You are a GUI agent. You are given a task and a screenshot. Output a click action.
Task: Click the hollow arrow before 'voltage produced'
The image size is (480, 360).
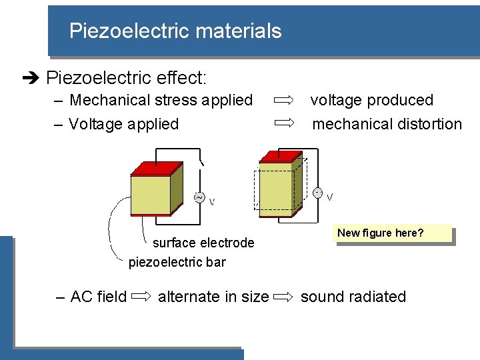[284, 100]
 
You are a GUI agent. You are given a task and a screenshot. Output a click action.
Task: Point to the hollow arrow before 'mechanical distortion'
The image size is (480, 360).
[284, 123]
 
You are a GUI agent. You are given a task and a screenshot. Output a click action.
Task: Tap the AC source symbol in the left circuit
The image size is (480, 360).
[199, 197]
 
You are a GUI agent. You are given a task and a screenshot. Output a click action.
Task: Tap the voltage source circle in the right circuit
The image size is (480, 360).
[318, 193]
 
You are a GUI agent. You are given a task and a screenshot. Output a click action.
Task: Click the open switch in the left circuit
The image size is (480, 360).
[201, 161]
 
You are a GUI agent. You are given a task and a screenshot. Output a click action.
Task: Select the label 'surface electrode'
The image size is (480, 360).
[203, 243]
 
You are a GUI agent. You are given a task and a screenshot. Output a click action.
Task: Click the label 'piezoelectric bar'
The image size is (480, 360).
[177, 262]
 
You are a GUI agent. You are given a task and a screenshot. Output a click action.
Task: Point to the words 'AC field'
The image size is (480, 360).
[98, 297]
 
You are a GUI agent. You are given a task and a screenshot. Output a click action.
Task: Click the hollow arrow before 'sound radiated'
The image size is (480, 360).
[284, 297]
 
